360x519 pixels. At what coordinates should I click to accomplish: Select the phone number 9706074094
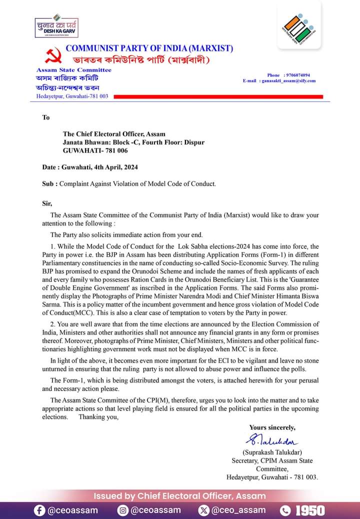[298, 75]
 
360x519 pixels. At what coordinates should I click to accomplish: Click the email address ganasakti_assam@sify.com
[288, 80]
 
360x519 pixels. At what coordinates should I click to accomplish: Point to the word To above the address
[46, 117]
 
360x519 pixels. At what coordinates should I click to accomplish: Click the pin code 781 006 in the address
[116, 150]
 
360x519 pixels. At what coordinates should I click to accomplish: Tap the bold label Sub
[49, 183]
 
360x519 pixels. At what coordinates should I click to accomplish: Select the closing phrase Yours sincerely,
[272, 427]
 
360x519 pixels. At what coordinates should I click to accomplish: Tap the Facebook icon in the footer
[39, 510]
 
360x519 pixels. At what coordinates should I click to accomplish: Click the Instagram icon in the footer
[123, 510]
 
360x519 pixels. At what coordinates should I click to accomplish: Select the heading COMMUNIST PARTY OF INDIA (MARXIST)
[149, 48]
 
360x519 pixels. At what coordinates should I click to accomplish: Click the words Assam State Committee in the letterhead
[73, 70]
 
